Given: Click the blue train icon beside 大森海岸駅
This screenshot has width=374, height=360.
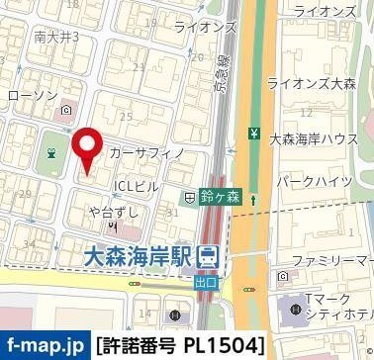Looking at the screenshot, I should (208, 257).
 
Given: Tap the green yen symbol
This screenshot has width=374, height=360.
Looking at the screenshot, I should (254, 134).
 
